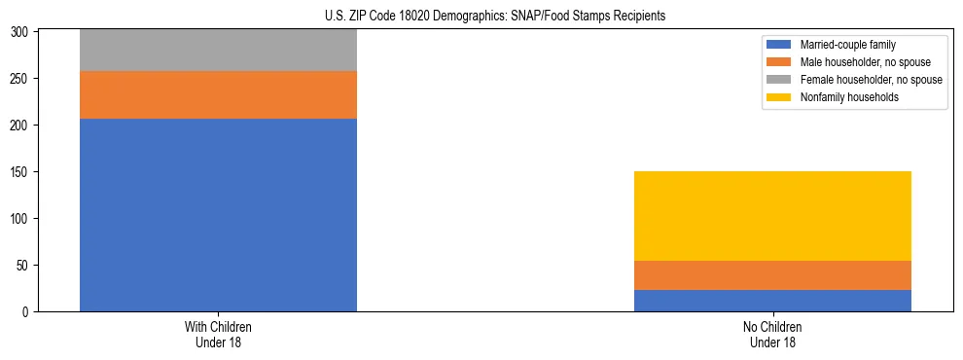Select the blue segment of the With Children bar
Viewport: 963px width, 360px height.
tap(218, 215)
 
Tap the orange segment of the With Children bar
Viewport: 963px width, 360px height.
tap(218, 94)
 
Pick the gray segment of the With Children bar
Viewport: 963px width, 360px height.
tap(218, 51)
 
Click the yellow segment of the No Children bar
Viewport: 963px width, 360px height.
tap(772, 216)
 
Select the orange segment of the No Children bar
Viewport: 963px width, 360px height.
tap(772, 275)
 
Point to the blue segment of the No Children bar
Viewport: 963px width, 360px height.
tap(772, 301)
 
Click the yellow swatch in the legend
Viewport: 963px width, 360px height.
tap(779, 97)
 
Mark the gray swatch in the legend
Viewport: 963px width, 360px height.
tap(779, 80)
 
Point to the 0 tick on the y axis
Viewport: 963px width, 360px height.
tap(28, 312)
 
